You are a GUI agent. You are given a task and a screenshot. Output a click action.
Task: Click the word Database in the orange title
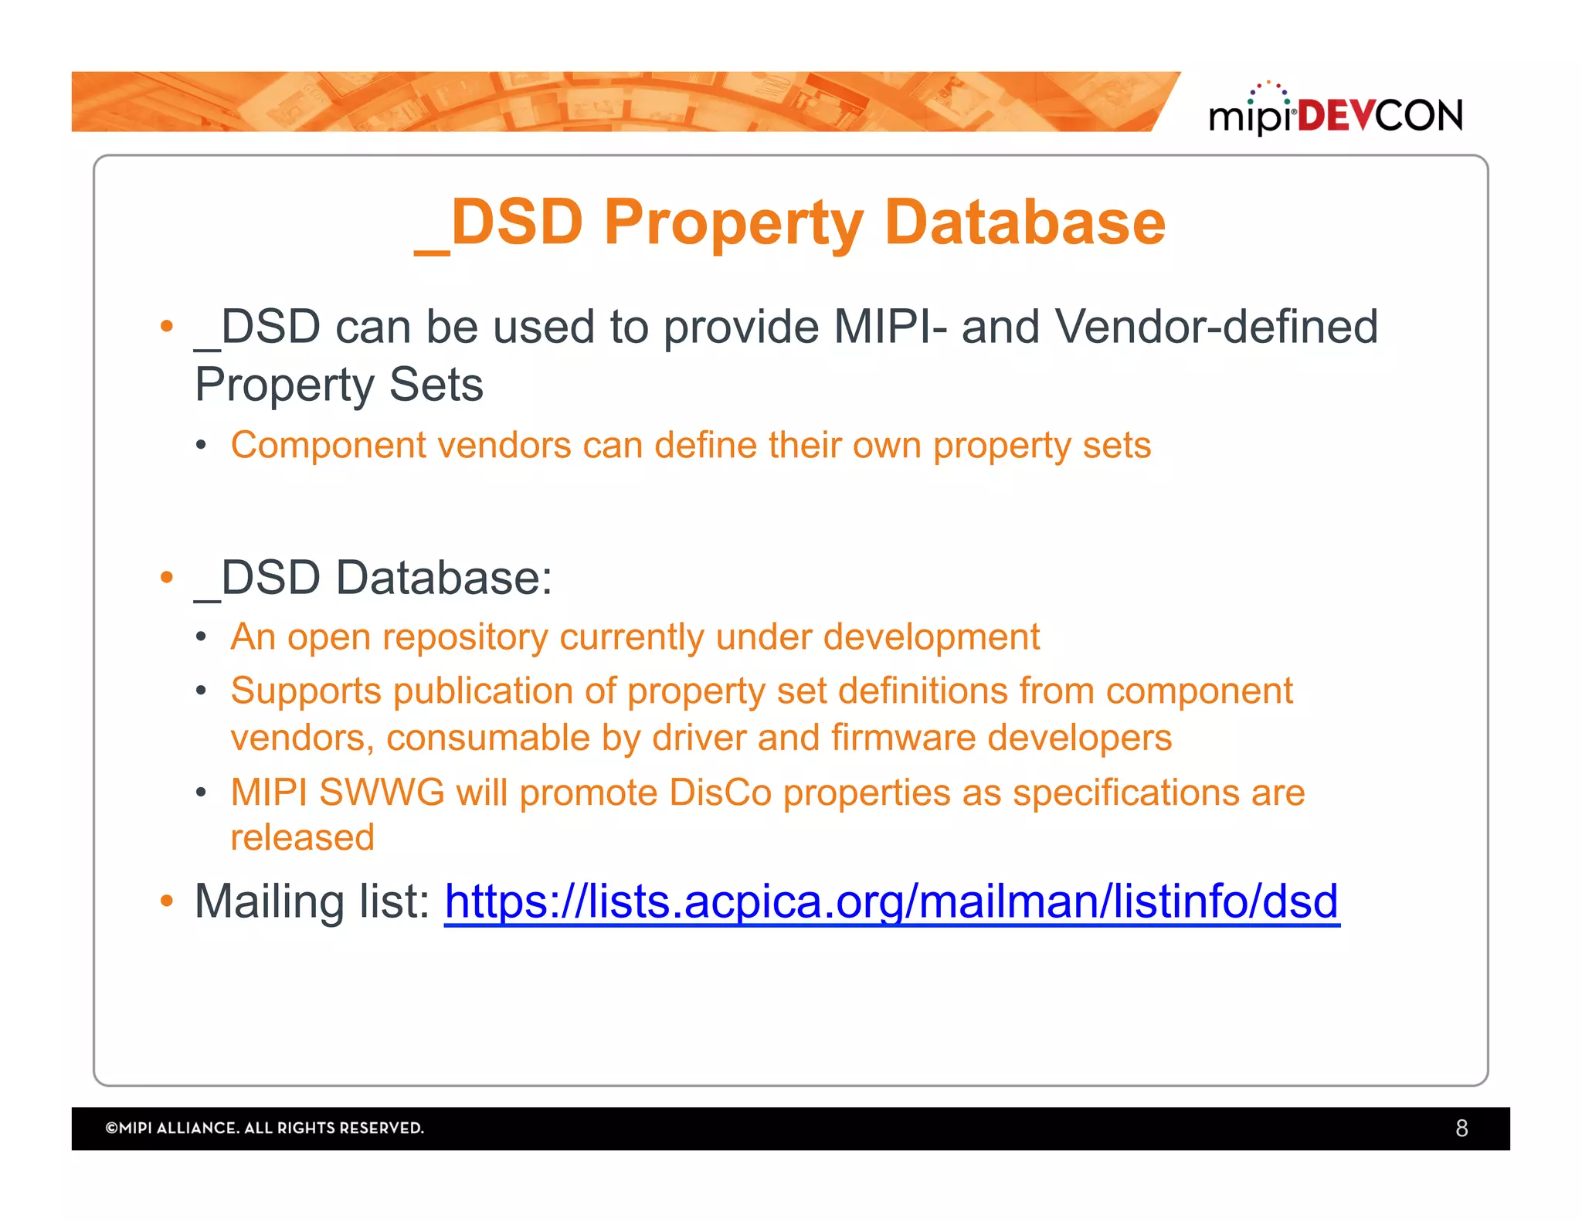[x=1024, y=222]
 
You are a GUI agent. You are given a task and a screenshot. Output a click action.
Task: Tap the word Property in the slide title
[x=733, y=222]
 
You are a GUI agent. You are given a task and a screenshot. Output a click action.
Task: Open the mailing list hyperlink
[x=891, y=901]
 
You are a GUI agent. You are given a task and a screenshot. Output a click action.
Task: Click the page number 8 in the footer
[x=1461, y=1129]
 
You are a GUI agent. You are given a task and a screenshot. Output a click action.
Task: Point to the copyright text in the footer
[x=265, y=1129]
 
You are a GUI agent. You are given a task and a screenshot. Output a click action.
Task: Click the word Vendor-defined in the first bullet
[x=1216, y=327]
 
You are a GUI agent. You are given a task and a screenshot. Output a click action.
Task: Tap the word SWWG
[x=382, y=793]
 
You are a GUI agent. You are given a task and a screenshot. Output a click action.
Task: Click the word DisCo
[x=720, y=793]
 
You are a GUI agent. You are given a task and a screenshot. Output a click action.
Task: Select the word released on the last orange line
[x=302, y=837]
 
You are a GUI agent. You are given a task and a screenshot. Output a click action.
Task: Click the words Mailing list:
[x=312, y=901]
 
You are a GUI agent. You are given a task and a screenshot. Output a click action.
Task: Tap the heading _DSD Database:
[x=373, y=578]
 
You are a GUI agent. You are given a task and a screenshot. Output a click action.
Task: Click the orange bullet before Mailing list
[x=166, y=901]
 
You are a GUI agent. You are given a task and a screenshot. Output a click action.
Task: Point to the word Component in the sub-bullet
[x=328, y=446]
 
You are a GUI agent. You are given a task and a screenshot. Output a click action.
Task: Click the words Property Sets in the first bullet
[x=338, y=385]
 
